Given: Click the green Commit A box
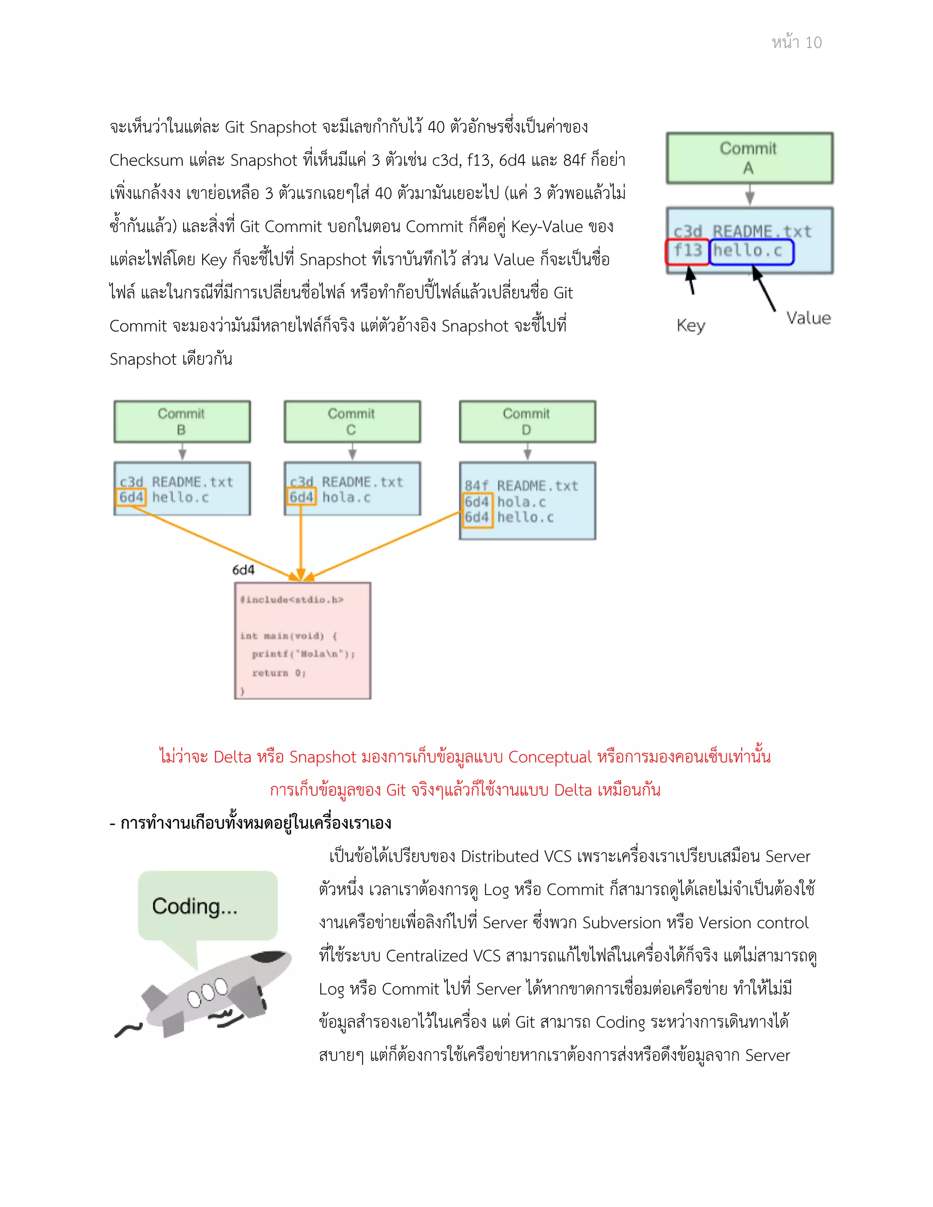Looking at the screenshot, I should [x=749, y=158].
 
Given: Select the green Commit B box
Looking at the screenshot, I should [x=182, y=421].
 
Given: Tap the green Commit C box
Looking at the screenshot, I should [x=352, y=421].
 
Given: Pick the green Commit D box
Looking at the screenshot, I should [x=527, y=421].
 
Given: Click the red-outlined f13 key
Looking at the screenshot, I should [x=687, y=251].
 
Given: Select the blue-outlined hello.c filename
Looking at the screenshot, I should [x=751, y=251].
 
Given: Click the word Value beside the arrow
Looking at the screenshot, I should [x=808, y=318].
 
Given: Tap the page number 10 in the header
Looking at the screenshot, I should [x=813, y=42].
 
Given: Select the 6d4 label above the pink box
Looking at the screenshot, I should [x=243, y=570].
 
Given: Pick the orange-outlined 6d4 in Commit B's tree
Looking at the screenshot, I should [x=131, y=497].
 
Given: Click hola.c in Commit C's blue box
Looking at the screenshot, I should [x=346, y=498].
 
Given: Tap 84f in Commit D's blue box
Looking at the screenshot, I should [x=476, y=486].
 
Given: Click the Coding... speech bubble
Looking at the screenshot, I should [x=207, y=906].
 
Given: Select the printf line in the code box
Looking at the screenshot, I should [x=303, y=654].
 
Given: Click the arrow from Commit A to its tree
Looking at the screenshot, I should [x=749, y=194].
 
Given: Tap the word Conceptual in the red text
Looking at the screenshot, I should [x=549, y=757].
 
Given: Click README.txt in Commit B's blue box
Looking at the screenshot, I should [x=192, y=482].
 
